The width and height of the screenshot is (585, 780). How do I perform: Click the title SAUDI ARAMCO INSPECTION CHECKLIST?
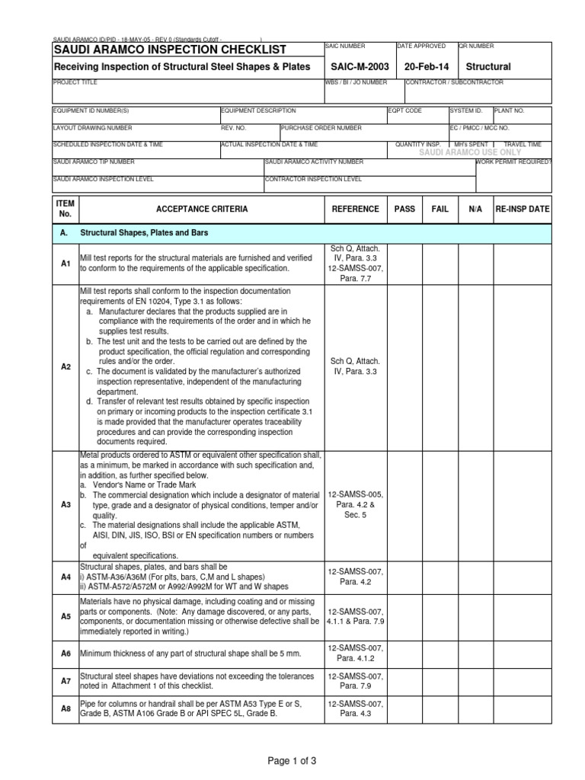pyautogui.click(x=169, y=50)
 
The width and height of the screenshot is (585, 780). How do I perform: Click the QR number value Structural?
pyautogui.click(x=487, y=67)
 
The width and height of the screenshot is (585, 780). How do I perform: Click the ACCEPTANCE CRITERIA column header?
pyautogui.click(x=201, y=209)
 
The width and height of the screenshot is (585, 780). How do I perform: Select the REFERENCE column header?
pyautogui.click(x=354, y=209)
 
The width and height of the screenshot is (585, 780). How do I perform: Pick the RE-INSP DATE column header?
pyautogui.click(x=522, y=209)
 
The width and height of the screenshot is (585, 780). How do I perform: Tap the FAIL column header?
pyautogui.click(x=440, y=209)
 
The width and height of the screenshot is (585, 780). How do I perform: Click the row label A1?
pyautogui.click(x=66, y=263)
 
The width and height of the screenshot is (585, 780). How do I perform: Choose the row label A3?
pyautogui.click(x=66, y=504)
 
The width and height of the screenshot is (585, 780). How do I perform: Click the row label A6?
pyautogui.click(x=66, y=653)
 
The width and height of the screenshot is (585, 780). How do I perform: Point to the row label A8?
pyautogui.click(x=66, y=708)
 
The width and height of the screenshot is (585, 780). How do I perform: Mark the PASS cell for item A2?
pyautogui.click(x=404, y=366)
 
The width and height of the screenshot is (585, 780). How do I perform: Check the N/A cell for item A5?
pyautogui.click(x=475, y=616)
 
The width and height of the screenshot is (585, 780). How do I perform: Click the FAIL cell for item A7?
pyautogui.click(x=440, y=680)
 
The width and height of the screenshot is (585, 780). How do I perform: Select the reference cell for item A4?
pyautogui.click(x=354, y=577)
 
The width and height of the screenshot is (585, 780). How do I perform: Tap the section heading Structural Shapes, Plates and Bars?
pyautogui.click(x=145, y=232)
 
